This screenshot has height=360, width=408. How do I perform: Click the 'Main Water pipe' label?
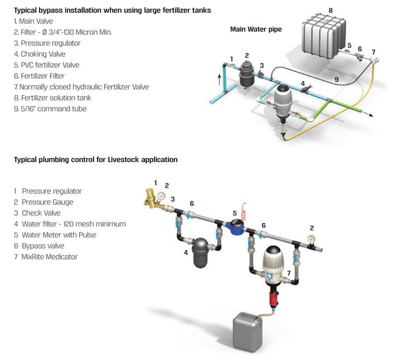point(256,29)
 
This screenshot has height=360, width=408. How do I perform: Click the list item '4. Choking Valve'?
point(40,54)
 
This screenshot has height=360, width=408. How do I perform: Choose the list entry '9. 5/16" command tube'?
point(50,109)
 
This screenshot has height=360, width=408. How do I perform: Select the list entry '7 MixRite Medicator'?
point(46,257)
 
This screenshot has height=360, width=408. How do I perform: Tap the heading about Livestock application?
point(95,160)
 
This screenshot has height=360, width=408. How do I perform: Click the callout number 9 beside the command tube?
point(336,80)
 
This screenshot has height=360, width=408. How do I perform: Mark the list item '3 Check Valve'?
point(37,213)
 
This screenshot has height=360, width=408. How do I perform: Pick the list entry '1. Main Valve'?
point(33,21)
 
